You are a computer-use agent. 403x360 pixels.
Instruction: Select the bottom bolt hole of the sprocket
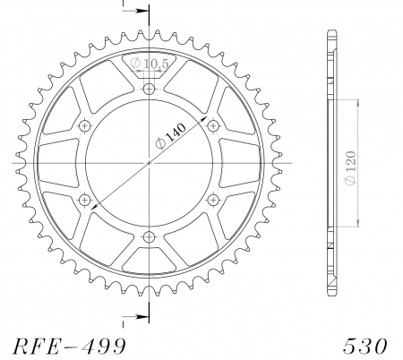pos(149,236)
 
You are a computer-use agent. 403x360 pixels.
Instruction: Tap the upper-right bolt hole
pos(212,125)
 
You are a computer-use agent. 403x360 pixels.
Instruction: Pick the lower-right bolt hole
pos(212,200)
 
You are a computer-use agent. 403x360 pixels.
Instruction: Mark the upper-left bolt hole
pos(85,125)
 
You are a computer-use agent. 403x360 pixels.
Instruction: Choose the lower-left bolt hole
pos(85,200)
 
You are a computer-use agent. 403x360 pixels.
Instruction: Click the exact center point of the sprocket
pos(149,163)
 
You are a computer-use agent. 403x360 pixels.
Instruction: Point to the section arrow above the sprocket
pos(129,12)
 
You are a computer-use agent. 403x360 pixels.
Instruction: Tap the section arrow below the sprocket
pos(129,316)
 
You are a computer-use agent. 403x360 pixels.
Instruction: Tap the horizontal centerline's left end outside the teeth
pos(16,163)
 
